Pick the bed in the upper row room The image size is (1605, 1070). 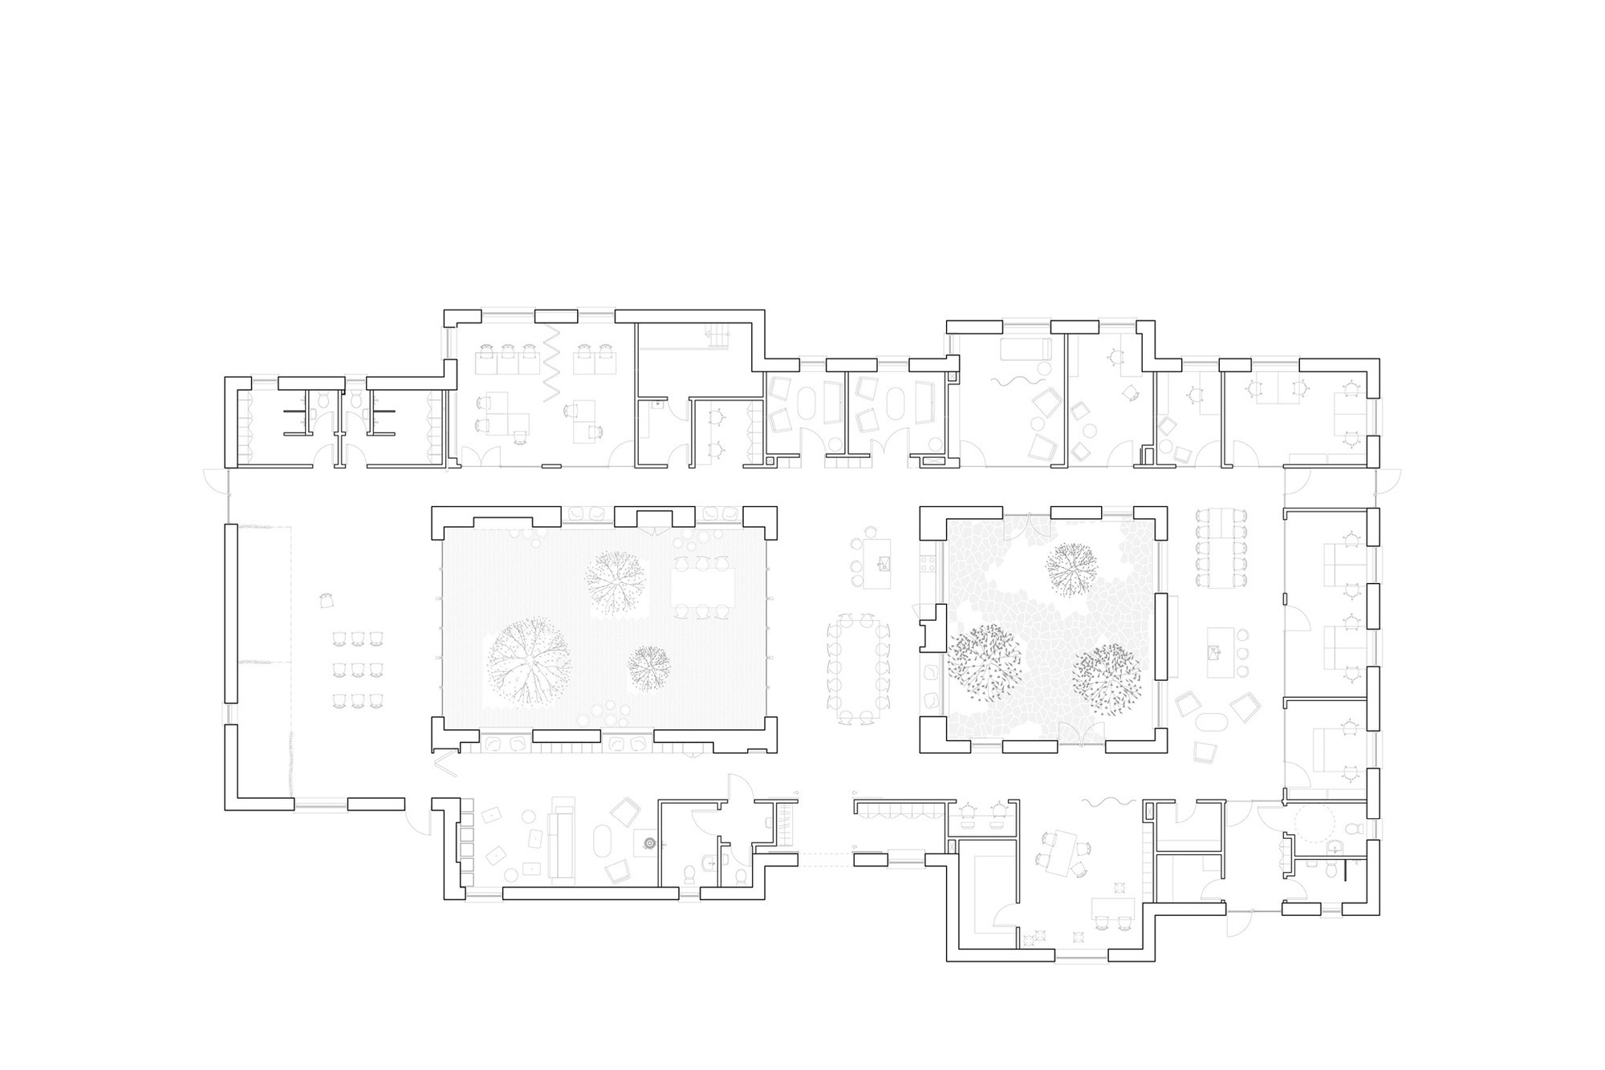pos(1025,349)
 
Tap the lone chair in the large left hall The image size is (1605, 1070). pos(326,600)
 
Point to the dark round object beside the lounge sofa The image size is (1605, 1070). pos(650,842)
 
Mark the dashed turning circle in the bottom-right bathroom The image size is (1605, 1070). pos(1315,823)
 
